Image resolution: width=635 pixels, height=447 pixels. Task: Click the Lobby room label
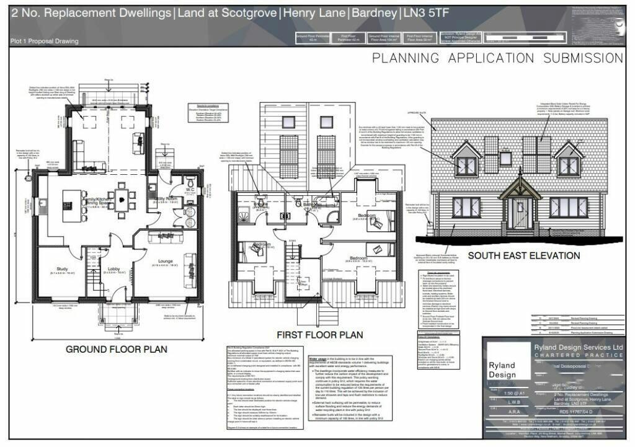pyautogui.click(x=115, y=270)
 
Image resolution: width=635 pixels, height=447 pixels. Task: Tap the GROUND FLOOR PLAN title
pyautogui.click(x=116, y=349)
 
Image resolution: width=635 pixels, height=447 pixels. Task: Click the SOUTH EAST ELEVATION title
pyautogui.click(x=524, y=255)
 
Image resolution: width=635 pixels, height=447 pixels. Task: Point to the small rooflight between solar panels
pyautogui.click(x=506, y=159)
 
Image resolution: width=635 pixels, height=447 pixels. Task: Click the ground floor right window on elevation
pyautogui.click(x=568, y=207)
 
